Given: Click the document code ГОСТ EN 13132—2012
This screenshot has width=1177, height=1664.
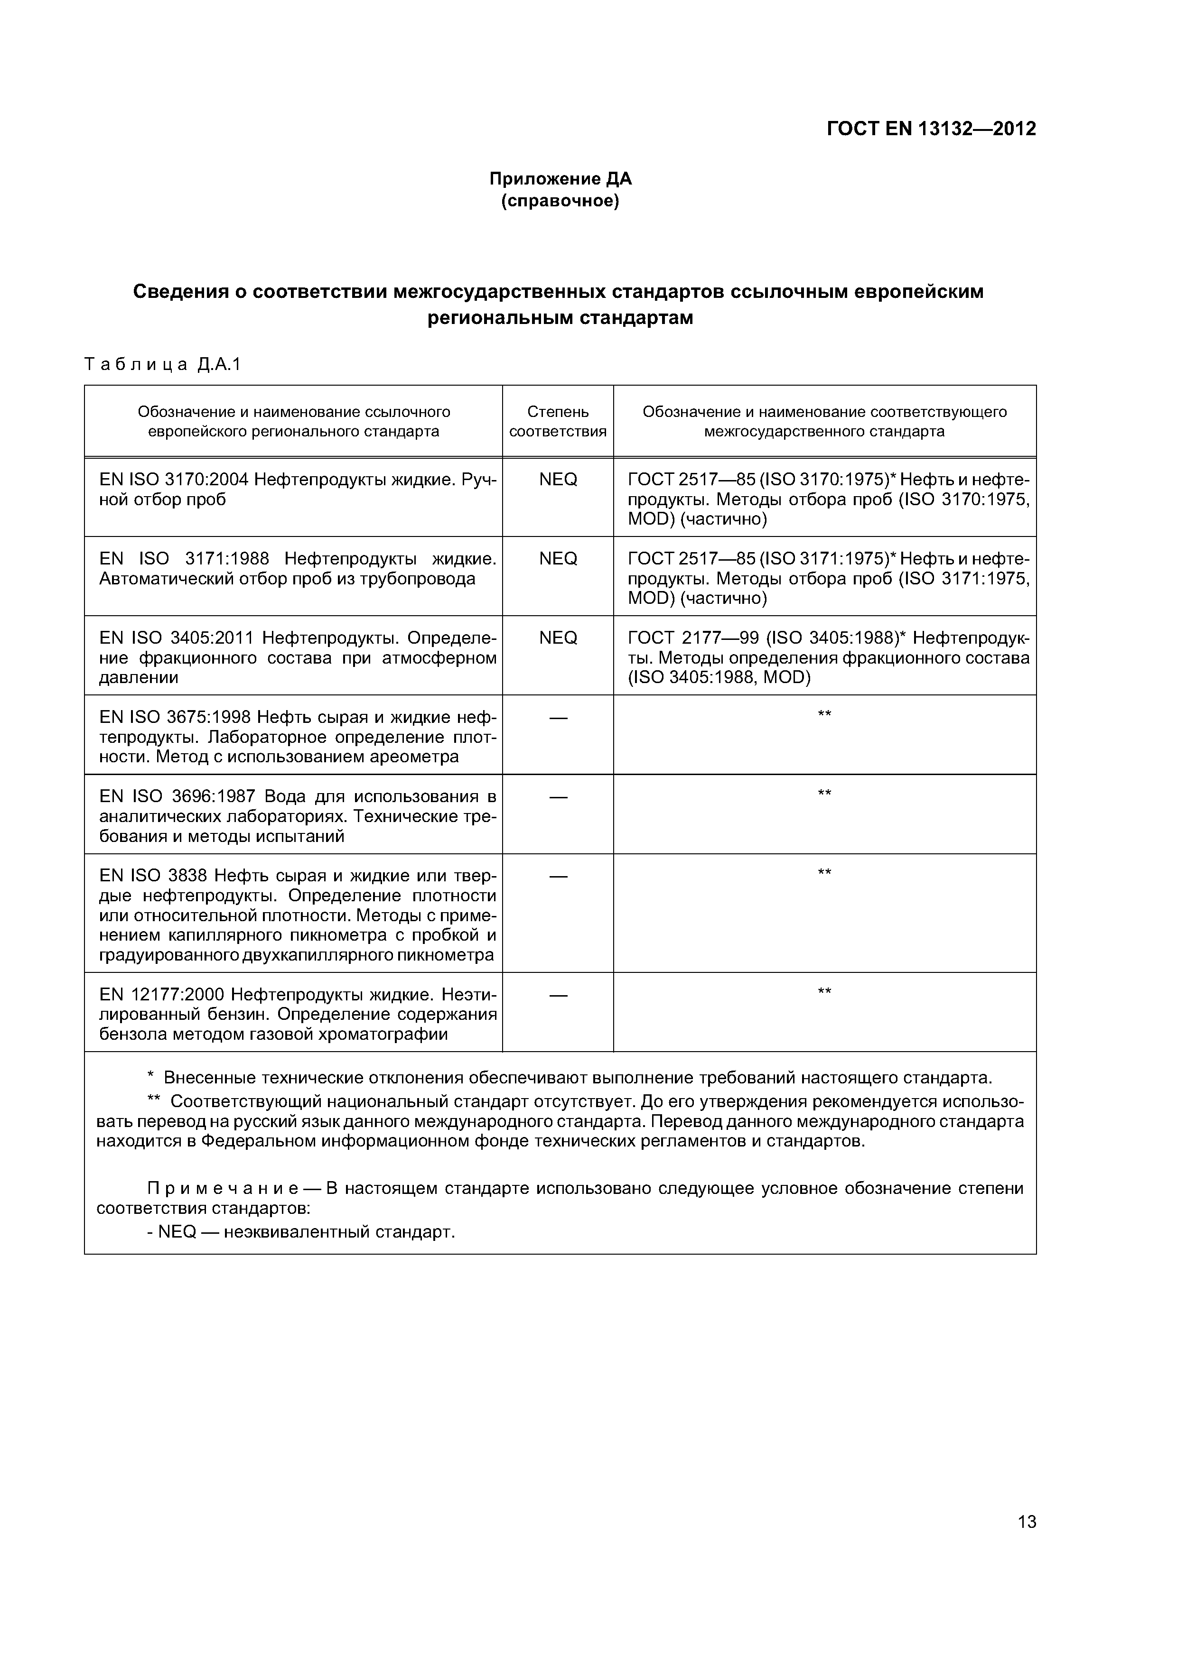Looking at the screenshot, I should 931,129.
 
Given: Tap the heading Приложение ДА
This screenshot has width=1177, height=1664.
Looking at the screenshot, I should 560,178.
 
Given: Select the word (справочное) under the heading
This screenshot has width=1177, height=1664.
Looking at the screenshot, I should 560,201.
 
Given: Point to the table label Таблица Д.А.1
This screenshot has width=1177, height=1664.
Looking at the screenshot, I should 162,365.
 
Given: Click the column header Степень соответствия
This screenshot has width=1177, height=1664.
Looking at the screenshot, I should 558,421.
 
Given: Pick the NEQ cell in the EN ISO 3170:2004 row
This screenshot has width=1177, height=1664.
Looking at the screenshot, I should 558,480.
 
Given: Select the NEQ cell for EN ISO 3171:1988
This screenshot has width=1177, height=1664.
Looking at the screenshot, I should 558,559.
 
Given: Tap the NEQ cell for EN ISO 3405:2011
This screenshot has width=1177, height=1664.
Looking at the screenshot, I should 558,638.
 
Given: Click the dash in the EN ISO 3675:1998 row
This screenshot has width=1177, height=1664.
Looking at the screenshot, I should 558,718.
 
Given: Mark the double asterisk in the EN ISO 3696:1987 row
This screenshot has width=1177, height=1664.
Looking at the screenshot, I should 824,794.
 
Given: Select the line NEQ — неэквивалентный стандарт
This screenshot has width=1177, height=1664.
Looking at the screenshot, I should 301,1232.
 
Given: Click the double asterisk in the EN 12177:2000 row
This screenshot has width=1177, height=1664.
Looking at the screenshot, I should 824,991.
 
